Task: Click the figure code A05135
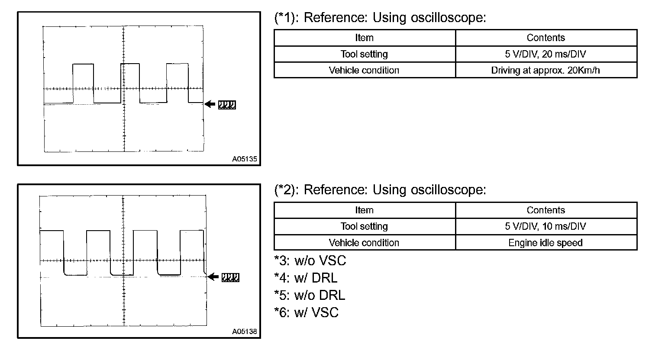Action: (x=244, y=159)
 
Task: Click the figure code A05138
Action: (x=244, y=332)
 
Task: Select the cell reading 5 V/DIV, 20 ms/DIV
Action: (x=546, y=54)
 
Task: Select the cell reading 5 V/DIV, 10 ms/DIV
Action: (x=546, y=226)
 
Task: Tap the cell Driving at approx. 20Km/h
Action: (x=546, y=70)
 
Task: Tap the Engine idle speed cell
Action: (x=546, y=243)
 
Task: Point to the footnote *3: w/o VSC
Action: (x=310, y=260)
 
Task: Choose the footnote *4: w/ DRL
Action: (x=306, y=278)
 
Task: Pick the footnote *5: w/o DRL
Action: (x=310, y=295)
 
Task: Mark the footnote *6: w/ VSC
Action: (x=306, y=312)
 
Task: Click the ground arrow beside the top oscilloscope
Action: (x=210, y=104)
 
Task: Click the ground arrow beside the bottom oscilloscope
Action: (x=213, y=277)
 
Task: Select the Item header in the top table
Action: (x=364, y=38)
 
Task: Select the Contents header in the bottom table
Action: (x=546, y=210)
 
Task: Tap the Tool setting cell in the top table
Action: (x=364, y=54)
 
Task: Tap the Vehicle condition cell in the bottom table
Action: (x=364, y=243)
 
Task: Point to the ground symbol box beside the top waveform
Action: (x=227, y=105)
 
